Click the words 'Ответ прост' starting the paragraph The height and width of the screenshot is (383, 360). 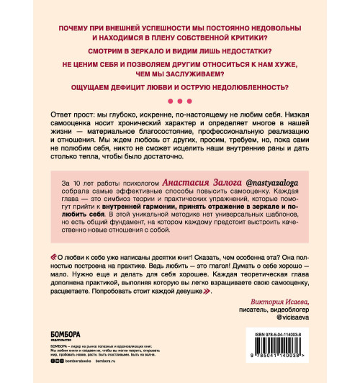[x=71, y=117]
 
